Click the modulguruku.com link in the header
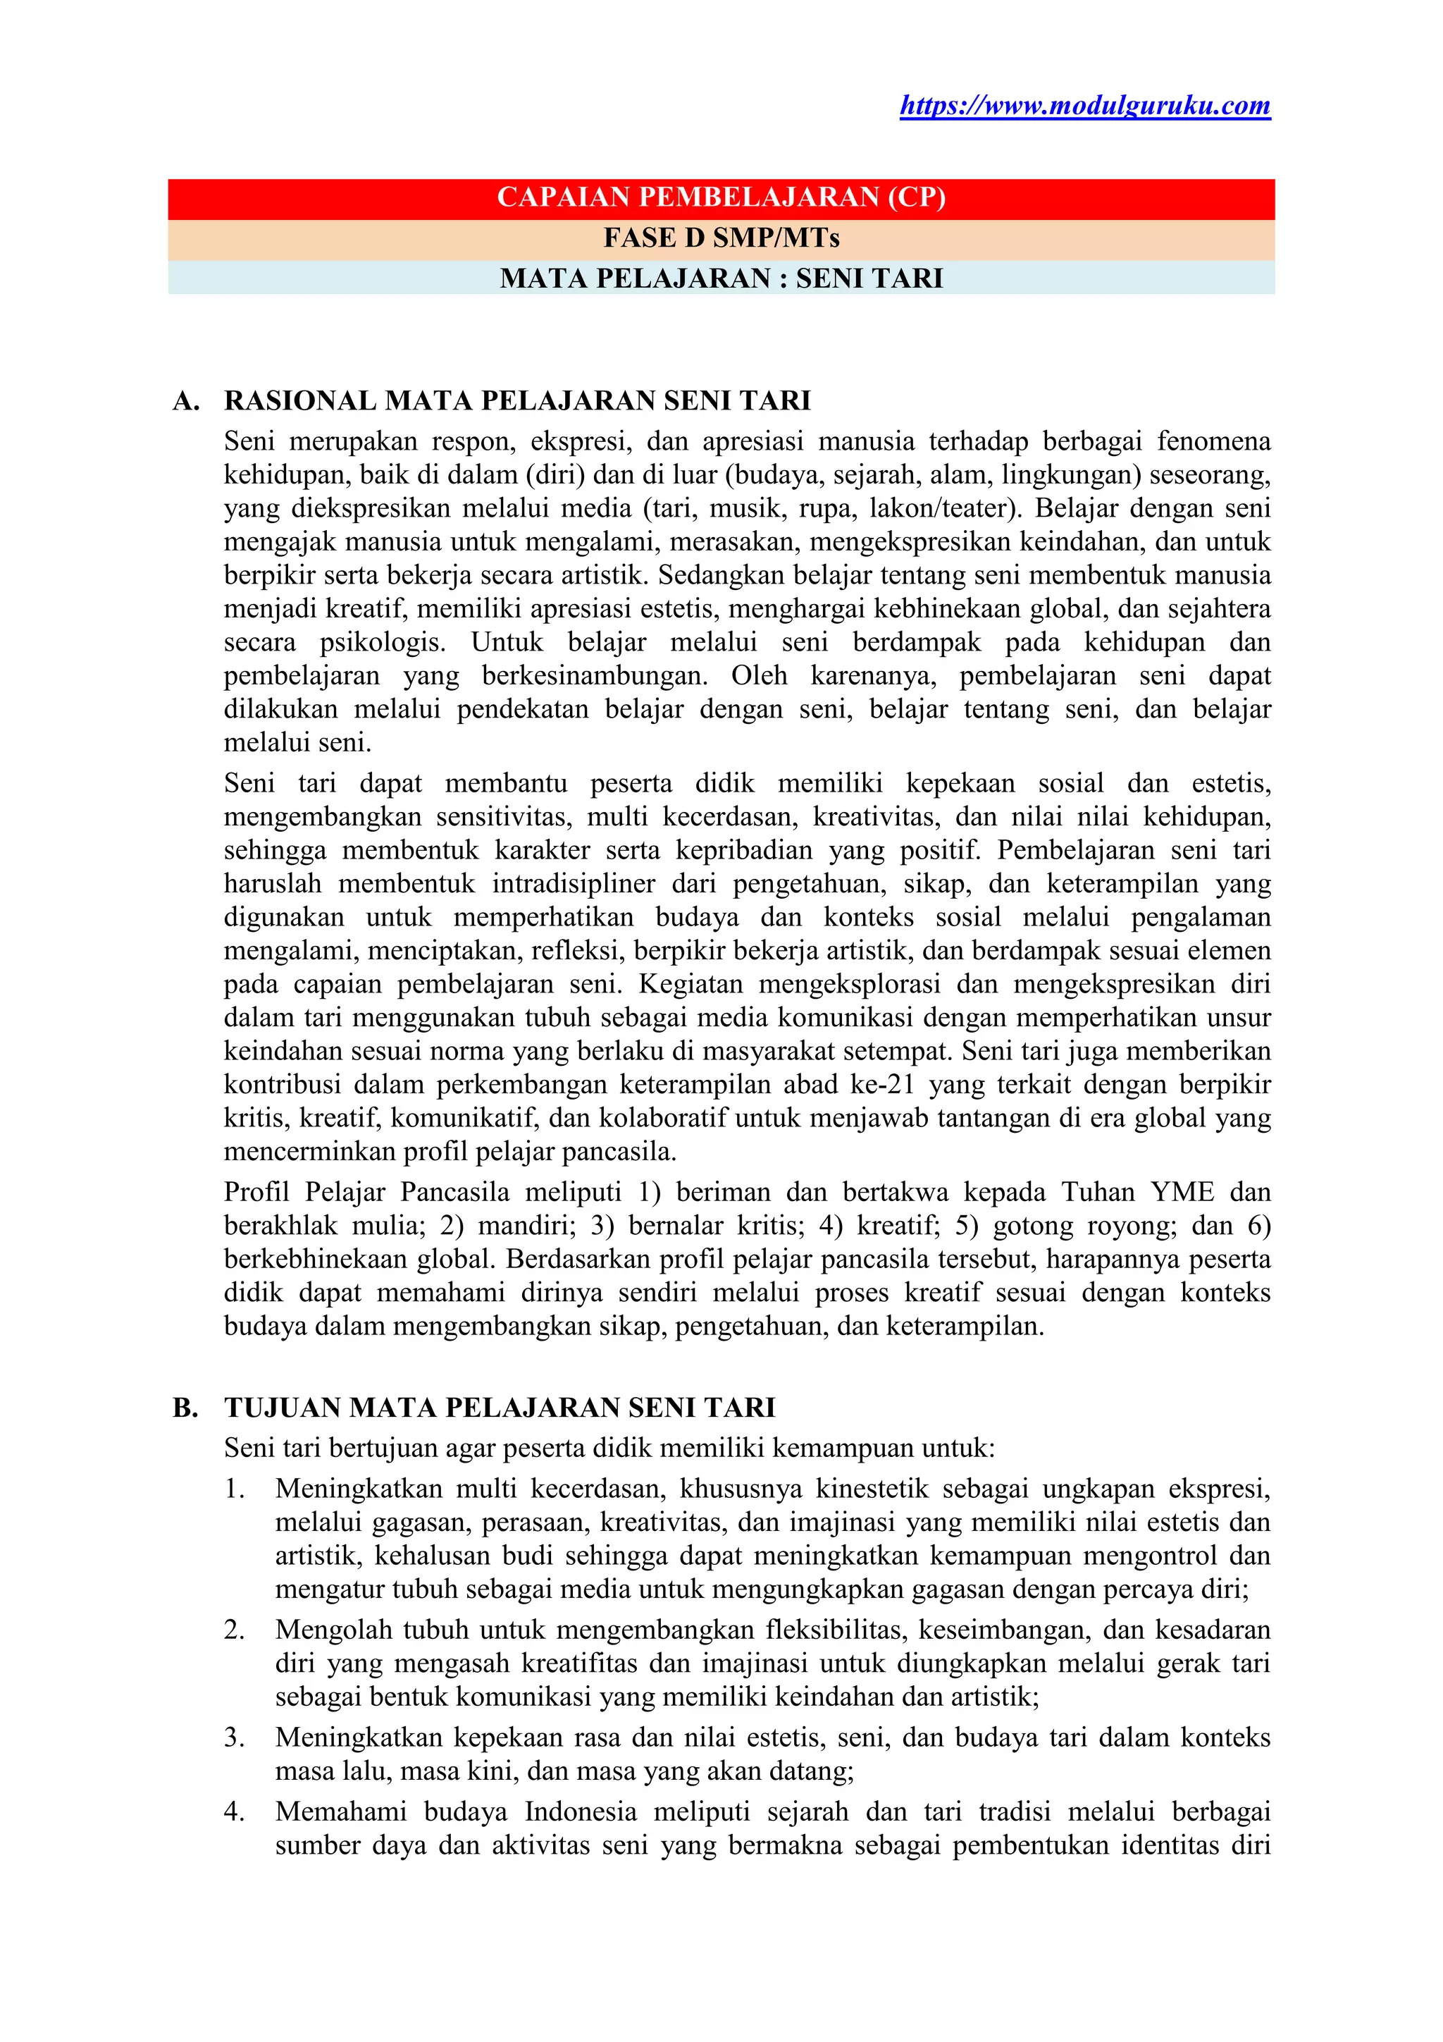(1084, 106)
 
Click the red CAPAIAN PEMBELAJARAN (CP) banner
(721, 197)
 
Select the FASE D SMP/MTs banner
(721, 238)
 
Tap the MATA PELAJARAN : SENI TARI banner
(721, 278)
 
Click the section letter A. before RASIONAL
(186, 401)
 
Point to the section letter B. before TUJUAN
(186, 1408)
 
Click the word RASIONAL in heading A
(301, 401)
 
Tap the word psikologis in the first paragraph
(383, 642)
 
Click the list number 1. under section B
(235, 1489)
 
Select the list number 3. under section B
(235, 1737)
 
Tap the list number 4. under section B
(235, 1812)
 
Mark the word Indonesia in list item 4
(580, 1812)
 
